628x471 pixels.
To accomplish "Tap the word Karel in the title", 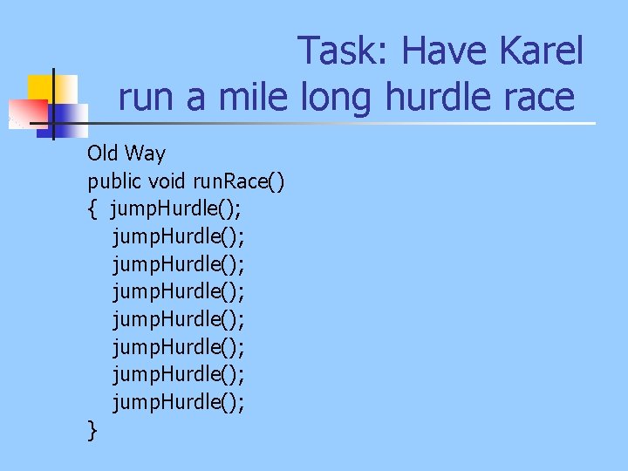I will pyautogui.click(x=541, y=51).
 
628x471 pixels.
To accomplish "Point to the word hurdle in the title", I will pyautogui.click(x=440, y=96).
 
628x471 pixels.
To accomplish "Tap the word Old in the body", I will pyautogui.click(x=102, y=154).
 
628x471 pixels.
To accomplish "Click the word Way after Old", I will pyautogui.click(x=145, y=154).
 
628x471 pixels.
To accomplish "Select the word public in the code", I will pyautogui.click(x=115, y=181).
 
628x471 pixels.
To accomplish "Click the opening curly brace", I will pyautogui.click(x=92, y=209).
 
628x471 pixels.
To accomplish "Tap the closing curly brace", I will pyautogui.click(x=92, y=430).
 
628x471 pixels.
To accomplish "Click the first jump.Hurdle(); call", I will pyautogui.click(x=178, y=209).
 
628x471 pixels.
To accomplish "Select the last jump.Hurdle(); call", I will pyautogui.click(x=178, y=402).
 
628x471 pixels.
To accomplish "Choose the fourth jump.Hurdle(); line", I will pyautogui.click(x=178, y=292).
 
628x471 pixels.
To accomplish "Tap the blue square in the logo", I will pyautogui.click(x=70, y=113).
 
